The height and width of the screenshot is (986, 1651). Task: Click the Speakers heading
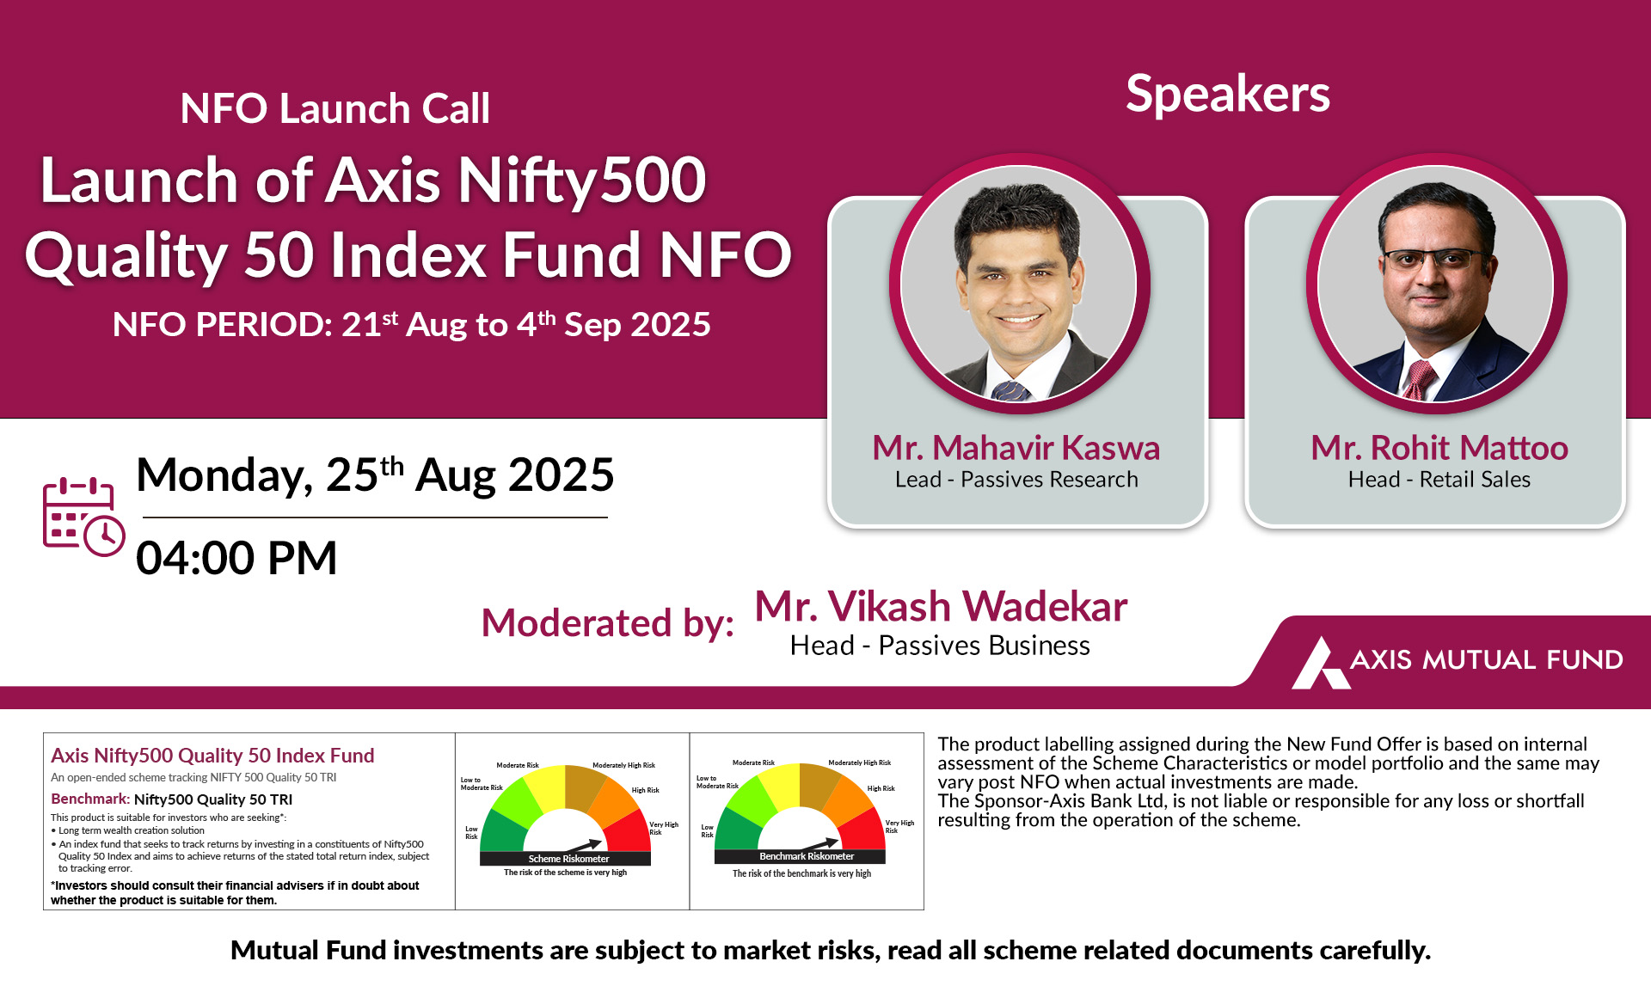pos(1228,94)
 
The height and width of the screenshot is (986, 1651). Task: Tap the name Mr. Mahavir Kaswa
pos(1016,448)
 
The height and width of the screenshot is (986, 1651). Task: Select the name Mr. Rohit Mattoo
pos(1439,448)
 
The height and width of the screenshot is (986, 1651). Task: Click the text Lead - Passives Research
pos(1016,480)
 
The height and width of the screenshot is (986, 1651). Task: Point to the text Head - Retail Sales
pos(1439,480)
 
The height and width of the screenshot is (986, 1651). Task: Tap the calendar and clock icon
pos(83,517)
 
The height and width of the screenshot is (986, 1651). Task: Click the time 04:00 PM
pos(236,558)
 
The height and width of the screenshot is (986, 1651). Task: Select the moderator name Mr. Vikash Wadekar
pos(941,607)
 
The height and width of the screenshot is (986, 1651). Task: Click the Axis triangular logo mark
pos(1321,663)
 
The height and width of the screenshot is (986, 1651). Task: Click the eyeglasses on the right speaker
pos(1433,258)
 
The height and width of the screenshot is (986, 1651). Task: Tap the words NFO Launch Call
pos(335,109)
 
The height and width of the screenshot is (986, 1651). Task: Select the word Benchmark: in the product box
pos(90,799)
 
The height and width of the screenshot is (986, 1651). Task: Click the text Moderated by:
pos(608,623)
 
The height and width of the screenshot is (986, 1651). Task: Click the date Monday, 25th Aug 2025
pos(375,475)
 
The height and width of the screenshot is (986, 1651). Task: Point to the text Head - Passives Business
pos(940,646)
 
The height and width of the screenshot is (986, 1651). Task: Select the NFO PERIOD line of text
pos(412,324)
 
